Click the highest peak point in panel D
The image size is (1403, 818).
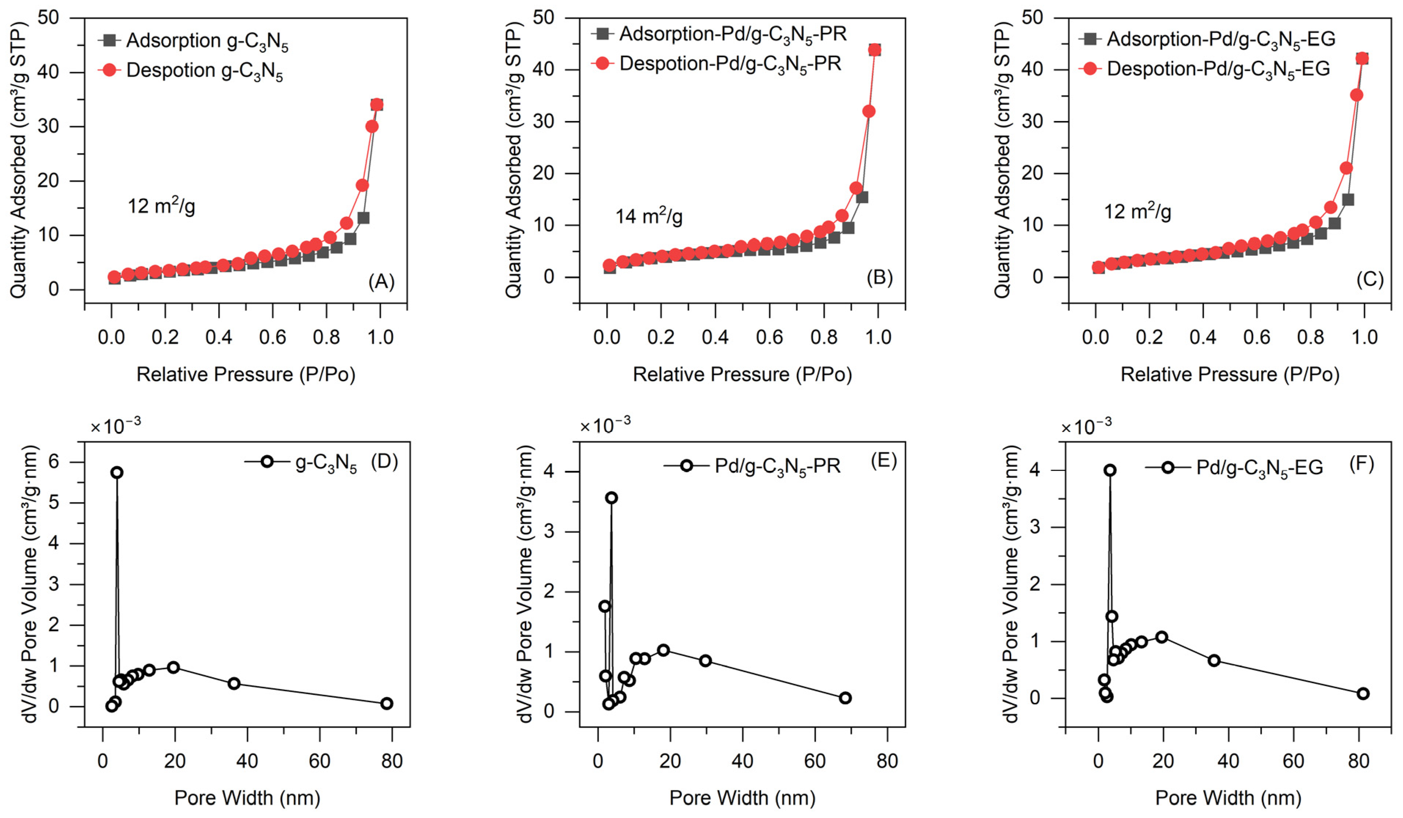coord(116,472)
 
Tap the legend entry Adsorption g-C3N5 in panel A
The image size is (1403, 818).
coord(206,41)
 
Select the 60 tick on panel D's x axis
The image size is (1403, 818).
coord(319,761)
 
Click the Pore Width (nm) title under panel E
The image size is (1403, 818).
coord(742,798)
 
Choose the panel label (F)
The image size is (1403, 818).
coord(1361,463)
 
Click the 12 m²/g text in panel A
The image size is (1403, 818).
coord(161,206)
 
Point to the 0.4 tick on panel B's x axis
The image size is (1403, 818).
coord(715,337)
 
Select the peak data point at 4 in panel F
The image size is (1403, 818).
coord(1110,470)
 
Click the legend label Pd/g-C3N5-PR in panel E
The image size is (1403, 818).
coord(777,466)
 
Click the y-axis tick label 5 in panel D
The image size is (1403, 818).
coord(54,502)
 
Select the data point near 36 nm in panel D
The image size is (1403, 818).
coord(234,683)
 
